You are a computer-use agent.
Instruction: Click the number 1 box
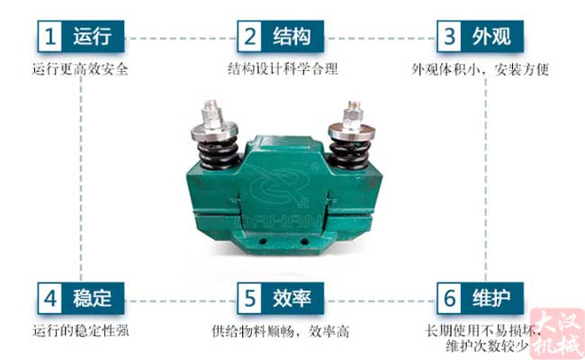[x=52, y=36]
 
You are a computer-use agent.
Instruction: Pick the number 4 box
[x=52, y=297]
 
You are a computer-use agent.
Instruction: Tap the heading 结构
[x=293, y=36]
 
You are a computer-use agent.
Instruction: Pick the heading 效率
[x=293, y=297]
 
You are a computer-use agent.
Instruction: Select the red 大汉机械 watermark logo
[x=555, y=332]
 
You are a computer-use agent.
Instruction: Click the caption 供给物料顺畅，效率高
[x=281, y=330]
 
